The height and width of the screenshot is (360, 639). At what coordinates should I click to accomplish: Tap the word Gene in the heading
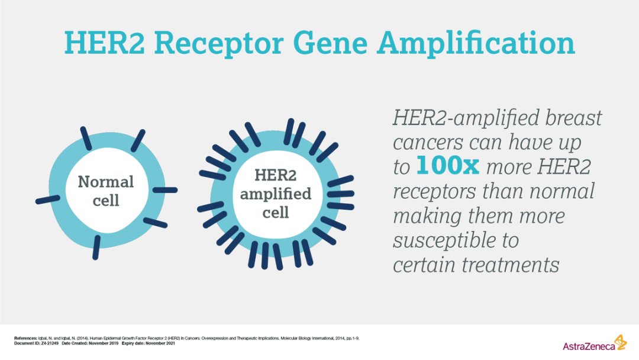pos(330,43)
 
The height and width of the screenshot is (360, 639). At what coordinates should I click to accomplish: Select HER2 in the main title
pos(104,43)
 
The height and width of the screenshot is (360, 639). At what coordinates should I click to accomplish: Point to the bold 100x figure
pos(447,166)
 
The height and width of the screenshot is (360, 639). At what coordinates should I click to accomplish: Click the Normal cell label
pos(106,191)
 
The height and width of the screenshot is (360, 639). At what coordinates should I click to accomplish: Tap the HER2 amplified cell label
pos(276,194)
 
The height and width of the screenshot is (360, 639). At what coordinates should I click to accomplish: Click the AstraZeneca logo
pos(595,343)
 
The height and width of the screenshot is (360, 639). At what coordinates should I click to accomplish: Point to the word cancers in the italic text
pos(428,143)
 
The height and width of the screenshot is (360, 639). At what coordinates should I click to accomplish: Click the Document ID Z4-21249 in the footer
pos(36,343)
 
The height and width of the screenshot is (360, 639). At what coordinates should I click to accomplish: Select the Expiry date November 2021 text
pos(149,343)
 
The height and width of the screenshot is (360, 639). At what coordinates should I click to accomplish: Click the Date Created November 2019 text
pos(90,343)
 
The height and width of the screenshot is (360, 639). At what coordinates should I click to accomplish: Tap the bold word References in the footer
pos(25,339)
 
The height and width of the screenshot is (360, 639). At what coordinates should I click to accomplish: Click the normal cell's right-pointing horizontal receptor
pos(165,190)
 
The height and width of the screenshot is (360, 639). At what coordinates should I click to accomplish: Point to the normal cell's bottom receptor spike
pos(96,247)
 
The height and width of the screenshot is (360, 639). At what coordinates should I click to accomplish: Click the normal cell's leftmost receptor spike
pos(48,200)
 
